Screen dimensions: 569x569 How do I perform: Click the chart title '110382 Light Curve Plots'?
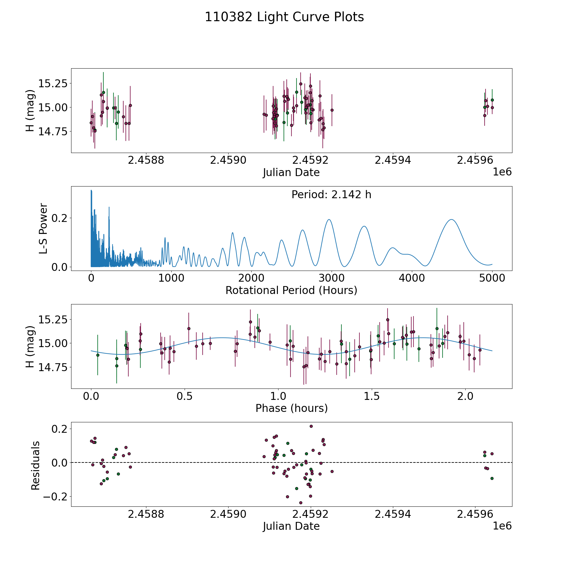[x=284, y=17]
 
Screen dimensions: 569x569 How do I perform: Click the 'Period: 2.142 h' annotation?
[x=331, y=195]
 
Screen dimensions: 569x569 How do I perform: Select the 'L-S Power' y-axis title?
[x=43, y=229]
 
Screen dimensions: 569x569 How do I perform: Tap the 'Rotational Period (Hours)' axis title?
[x=291, y=290]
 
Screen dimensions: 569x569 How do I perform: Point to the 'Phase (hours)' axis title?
[x=291, y=408]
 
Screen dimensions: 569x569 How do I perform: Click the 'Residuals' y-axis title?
[x=35, y=465]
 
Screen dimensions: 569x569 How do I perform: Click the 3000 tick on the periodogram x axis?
[x=332, y=278]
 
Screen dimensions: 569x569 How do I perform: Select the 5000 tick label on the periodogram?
[x=492, y=278]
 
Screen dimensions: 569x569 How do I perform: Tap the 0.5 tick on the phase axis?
[x=185, y=396]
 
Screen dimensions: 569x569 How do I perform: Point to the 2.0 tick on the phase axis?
[x=465, y=396]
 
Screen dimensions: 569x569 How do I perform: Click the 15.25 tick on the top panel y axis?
[x=53, y=84]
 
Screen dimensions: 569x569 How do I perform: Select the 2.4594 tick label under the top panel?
[x=393, y=161]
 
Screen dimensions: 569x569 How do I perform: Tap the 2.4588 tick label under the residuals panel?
[x=146, y=514]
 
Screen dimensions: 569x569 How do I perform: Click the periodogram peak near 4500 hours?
[x=451, y=219]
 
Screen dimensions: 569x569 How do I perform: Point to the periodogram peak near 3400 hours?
[x=364, y=226]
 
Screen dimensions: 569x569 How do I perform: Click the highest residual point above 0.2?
[x=311, y=426]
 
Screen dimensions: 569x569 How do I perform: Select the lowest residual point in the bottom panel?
[x=301, y=503]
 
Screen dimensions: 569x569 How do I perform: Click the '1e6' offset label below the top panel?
[x=502, y=172]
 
